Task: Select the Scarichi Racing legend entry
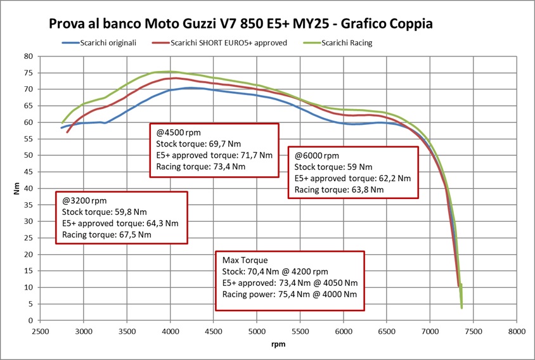pos(346,42)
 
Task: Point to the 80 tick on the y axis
pos(29,56)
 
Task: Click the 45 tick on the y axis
pos(29,172)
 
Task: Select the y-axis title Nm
pos(17,189)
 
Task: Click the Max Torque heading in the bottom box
pos(245,260)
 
